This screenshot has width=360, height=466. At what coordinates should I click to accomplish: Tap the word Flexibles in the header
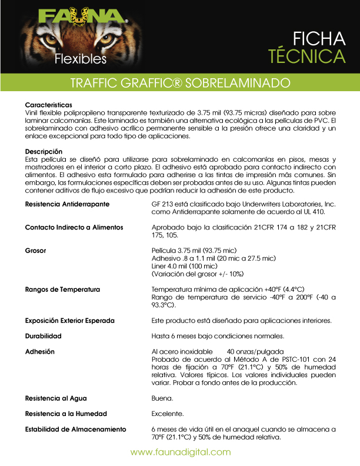tap(81, 59)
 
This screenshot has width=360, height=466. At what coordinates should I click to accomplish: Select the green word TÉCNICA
tap(306, 56)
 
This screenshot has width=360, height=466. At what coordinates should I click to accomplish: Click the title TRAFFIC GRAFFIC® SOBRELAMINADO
tap(180, 82)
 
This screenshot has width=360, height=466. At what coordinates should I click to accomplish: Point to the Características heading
tap(48, 104)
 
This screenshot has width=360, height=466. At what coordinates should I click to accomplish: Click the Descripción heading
tap(45, 152)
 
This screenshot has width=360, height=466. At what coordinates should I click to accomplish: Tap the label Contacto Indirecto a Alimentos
tap(74, 227)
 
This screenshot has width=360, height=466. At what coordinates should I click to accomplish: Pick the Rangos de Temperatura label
tap(62, 289)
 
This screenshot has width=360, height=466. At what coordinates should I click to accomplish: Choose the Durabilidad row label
tap(43, 336)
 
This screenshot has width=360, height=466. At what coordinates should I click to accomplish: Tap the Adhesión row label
tap(39, 351)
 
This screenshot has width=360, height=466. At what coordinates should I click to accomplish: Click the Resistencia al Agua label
tap(56, 398)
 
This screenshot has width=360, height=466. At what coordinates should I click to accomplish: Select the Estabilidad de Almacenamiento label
tap(75, 429)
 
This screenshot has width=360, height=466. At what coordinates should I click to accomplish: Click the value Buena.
tap(162, 398)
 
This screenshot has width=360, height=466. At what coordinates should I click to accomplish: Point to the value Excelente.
tap(168, 414)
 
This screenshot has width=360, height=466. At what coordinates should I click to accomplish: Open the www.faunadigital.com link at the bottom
tap(180, 452)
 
